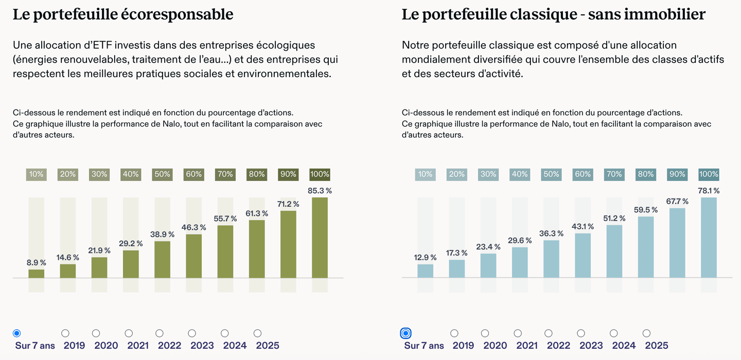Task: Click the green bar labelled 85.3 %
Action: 320,238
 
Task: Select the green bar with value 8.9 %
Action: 36,274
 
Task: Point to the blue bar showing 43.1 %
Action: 583,256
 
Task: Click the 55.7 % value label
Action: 225,219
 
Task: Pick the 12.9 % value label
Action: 425,257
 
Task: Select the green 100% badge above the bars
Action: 320,174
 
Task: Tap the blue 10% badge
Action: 425,174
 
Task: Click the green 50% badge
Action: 162,174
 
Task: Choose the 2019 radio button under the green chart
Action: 65,333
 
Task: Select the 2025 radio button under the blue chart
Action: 646,333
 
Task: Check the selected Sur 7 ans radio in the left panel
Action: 16,333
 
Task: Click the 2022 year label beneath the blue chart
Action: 558,346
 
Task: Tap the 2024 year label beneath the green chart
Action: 235,346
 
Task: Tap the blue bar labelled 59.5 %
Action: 646,247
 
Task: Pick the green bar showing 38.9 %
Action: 162,260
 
